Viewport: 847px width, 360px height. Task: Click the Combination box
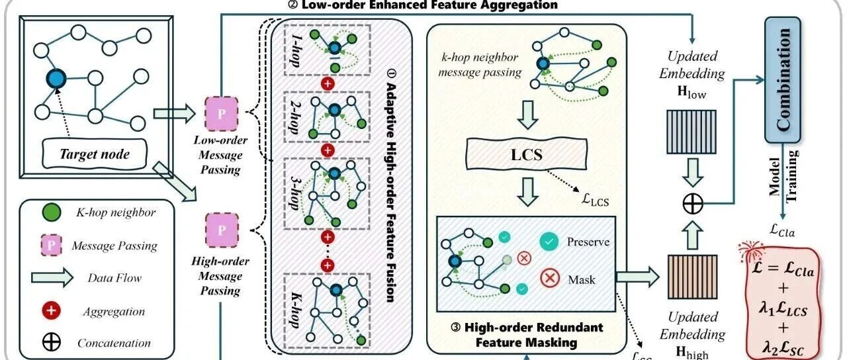coord(783,79)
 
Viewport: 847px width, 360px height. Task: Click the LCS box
coord(527,154)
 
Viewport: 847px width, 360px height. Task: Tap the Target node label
coord(94,154)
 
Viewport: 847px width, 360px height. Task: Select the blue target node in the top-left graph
coord(56,79)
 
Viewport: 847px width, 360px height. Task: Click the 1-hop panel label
coord(294,50)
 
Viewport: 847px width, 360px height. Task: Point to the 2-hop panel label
coord(294,116)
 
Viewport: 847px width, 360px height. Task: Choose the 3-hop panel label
coord(294,193)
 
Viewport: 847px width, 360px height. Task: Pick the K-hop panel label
coord(295,310)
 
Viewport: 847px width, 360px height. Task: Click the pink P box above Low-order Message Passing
coord(222,114)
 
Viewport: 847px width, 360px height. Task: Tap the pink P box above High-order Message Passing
coord(222,230)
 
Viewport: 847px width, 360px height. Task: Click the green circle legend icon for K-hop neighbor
coord(52,212)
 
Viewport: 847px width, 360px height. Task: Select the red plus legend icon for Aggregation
coord(51,311)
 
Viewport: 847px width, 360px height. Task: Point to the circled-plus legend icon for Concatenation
coord(51,342)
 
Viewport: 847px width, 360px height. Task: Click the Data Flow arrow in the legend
coord(52,278)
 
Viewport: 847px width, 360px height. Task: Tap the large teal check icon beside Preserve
coord(549,242)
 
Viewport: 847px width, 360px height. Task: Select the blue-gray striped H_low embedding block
coord(691,132)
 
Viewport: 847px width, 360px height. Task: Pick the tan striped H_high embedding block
coord(693,277)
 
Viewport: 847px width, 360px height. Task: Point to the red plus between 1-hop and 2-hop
coord(328,83)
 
